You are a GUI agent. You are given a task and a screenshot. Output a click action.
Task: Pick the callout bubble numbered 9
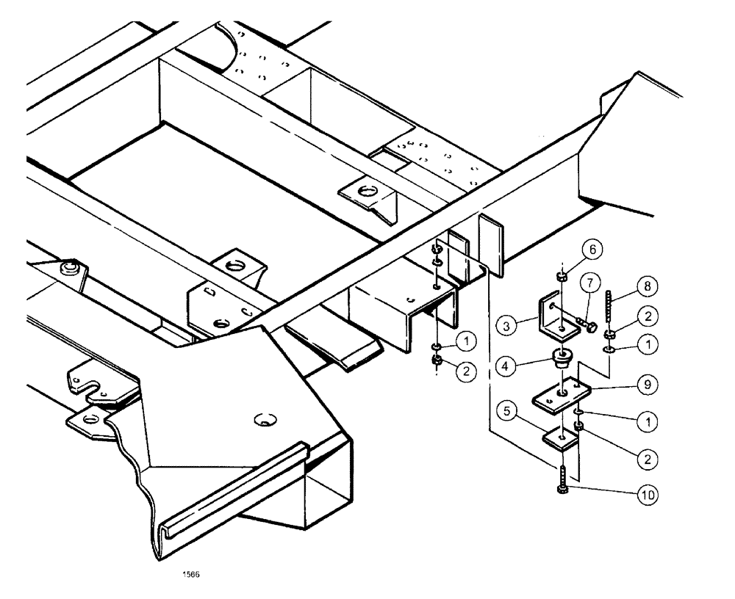pyautogui.click(x=647, y=382)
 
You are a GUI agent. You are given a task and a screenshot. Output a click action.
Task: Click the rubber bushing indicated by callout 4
pyautogui.click(x=562, y=360)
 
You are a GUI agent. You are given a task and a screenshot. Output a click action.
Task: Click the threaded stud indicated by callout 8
pyautogui.click(x=609, y=304)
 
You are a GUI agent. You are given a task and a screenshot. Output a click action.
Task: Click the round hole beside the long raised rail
pyautogui.click(x=265, y=421)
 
